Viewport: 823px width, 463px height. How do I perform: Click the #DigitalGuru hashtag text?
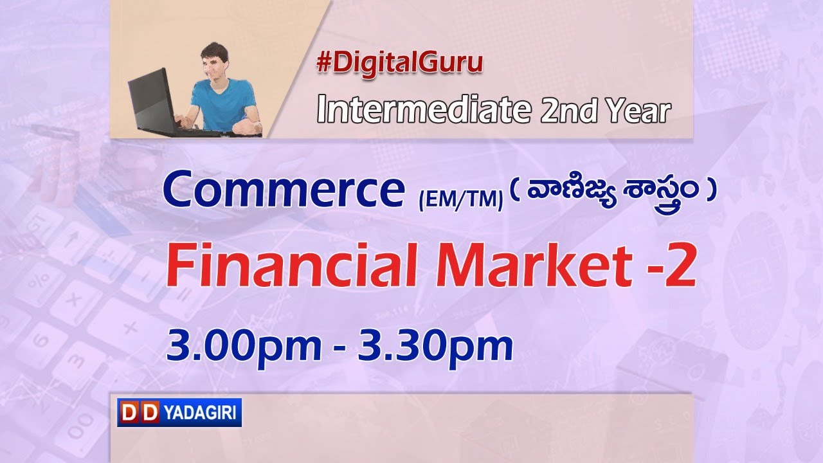399,63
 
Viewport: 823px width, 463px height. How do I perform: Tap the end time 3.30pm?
435,347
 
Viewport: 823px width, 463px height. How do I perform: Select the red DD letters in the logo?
139,412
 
